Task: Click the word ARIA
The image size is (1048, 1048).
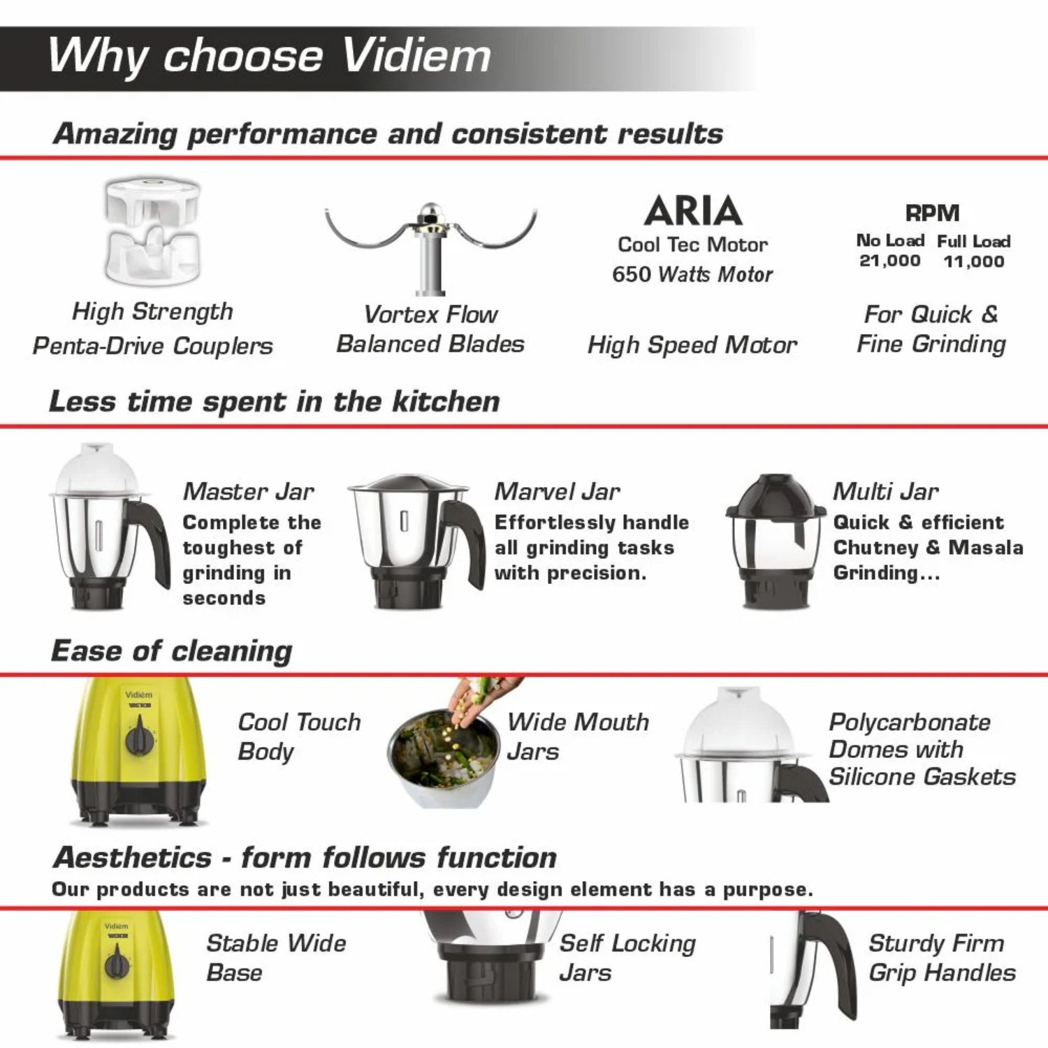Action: point(693,210)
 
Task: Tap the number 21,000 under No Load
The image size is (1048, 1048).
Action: point(889,261)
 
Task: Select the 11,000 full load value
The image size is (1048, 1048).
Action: point(974,261)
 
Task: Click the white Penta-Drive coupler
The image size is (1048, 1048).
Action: point(153,231)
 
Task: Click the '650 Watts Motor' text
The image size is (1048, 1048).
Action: point(692,274)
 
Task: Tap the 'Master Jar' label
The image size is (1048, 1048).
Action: point(249,491)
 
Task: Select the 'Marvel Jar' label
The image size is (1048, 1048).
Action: point(557,491)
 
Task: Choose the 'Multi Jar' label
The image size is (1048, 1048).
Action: point(885,491)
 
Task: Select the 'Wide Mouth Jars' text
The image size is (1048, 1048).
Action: point(578,736)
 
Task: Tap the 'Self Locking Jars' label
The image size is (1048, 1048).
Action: point(627,958)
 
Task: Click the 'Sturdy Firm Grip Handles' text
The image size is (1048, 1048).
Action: point(942,958)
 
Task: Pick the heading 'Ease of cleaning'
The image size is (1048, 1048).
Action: point(172,651)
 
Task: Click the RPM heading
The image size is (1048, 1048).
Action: point(932,213)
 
